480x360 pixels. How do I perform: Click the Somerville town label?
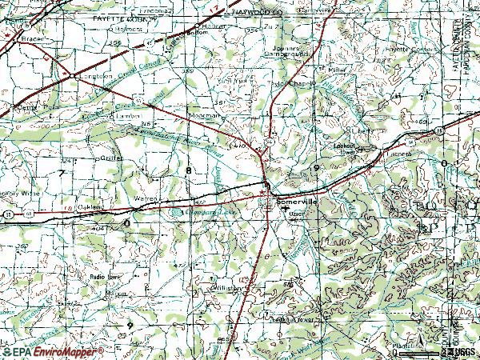[298, 203]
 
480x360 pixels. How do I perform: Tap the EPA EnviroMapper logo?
[53, 350]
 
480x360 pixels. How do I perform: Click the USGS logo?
[463, 350]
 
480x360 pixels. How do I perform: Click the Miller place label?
[335, 69]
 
